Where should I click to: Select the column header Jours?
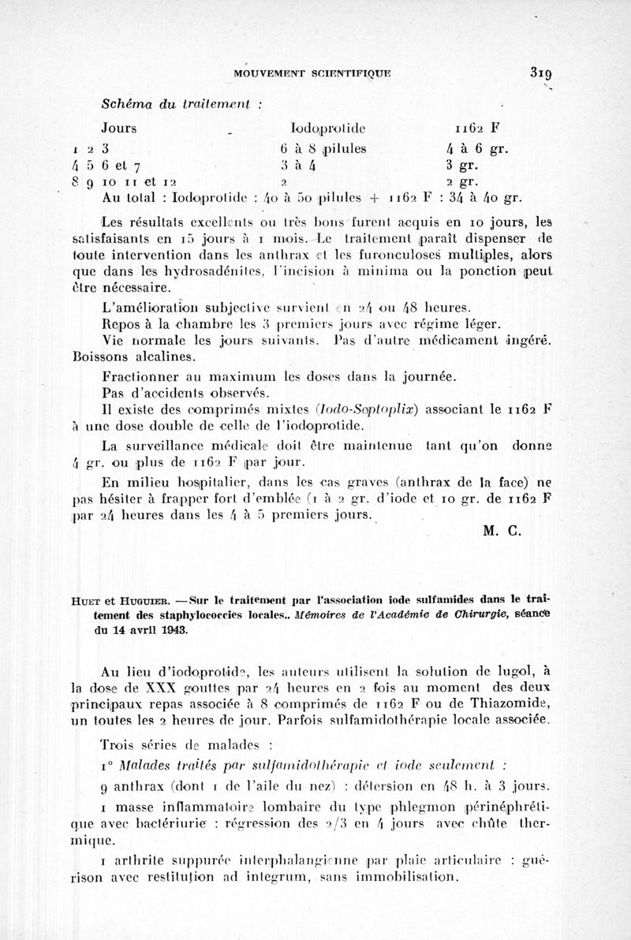119,128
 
